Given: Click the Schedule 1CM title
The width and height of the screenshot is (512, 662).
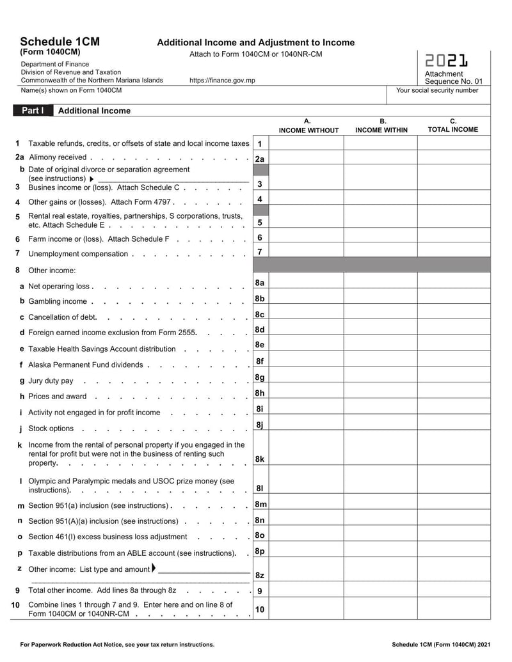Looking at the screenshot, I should (x=60, y=42).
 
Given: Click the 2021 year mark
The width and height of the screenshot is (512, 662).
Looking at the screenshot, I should (x=446, y=61).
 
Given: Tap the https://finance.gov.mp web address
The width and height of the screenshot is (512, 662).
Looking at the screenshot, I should (x=222, y=81).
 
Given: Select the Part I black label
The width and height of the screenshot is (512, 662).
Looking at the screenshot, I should (x=33, y=111).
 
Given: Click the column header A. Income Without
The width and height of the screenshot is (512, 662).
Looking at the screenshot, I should (x=308, y=125).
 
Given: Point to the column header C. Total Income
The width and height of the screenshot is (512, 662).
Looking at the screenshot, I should (x=453, y=125).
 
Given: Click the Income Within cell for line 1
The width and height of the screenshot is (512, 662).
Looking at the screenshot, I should (x=380, y=144).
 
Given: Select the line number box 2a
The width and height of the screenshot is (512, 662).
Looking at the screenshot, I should (x=260, y=159).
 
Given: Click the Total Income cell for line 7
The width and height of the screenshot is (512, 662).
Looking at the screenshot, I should (x=453, y=251).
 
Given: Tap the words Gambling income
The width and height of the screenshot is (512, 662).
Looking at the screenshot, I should (x=58, y=301).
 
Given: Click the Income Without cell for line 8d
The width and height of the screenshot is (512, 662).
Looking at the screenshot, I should (x=307, y=329).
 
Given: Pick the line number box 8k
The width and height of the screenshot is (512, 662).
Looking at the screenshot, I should (x=260, y=459).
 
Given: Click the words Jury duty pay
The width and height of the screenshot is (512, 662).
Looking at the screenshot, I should (x=51, y=381).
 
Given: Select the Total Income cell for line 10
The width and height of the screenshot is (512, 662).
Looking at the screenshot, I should (x=453, y=610).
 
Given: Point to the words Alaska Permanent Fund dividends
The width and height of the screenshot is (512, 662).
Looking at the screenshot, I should (x=85, y=365).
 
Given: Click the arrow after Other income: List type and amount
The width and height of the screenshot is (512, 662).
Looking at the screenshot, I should (x=154, y=569).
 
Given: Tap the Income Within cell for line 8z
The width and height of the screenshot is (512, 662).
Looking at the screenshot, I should (x=380, y=572).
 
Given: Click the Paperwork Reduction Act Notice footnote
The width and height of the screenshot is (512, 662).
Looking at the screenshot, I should (x=118, y=644).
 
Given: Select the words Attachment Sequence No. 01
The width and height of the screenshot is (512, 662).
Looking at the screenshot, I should (x=453, y=77).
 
